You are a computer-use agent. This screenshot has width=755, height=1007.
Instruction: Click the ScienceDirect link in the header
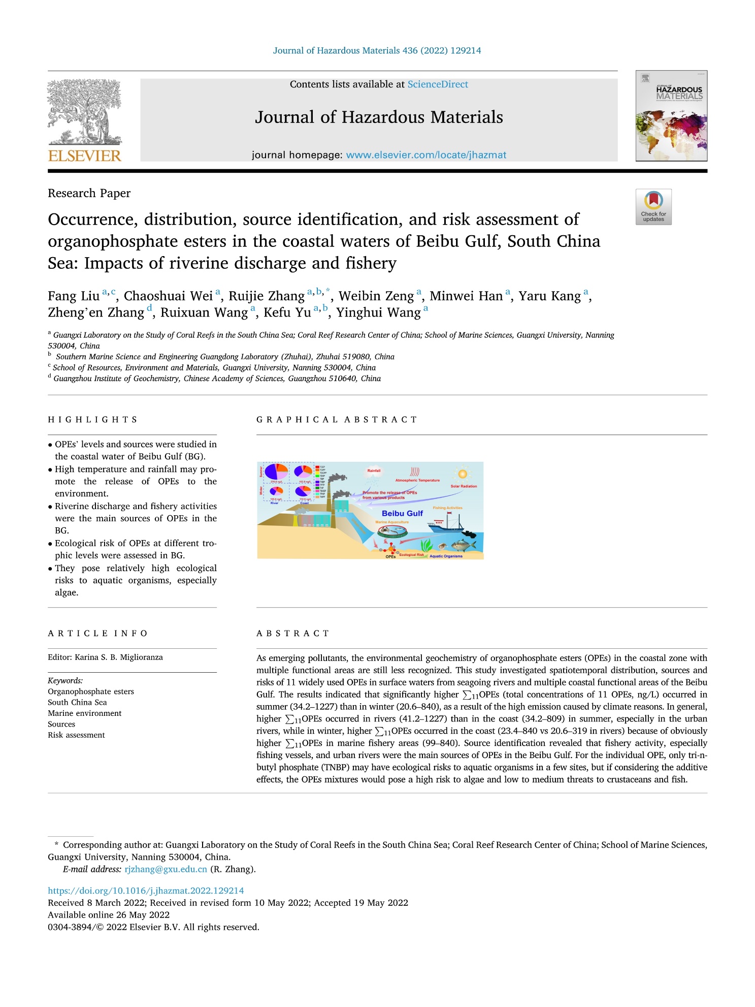click(x=437, y=84)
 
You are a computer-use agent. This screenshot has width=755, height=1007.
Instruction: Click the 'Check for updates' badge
click(x=653, y=207)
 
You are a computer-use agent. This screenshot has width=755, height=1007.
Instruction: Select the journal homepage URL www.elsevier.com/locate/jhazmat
click(x=426, y=155)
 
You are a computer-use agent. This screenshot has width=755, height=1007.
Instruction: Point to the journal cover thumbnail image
click(x=671, y=116)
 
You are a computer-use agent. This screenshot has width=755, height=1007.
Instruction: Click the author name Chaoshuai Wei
click(x=168, y=296)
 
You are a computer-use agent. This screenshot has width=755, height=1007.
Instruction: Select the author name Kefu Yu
click(x=287, y=312)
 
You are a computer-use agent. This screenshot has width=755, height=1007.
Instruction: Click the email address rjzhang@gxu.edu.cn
click(x=166, y=869)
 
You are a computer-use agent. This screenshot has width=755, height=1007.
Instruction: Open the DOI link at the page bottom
click(x=146, y=890)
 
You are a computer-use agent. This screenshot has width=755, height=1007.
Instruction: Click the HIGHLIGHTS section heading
click(x=93, y=420)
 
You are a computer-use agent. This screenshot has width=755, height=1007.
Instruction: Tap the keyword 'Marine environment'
click(x=85, y=713)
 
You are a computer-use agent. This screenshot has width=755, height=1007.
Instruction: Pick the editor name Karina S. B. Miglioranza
click(x=119, y=657)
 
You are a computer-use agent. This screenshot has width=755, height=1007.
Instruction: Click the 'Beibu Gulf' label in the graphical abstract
click(x=402, y=513)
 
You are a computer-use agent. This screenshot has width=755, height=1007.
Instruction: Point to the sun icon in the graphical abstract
click(x=462, y=474)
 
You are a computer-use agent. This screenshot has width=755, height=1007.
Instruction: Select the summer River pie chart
click(x=276, y=472)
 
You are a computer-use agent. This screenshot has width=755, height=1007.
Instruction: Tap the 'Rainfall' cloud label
click(x=374, y=471)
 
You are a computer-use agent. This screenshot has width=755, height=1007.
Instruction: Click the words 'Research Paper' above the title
click(x=89, y=193)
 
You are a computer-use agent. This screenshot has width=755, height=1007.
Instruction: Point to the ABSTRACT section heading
click(x=293, y=634)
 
